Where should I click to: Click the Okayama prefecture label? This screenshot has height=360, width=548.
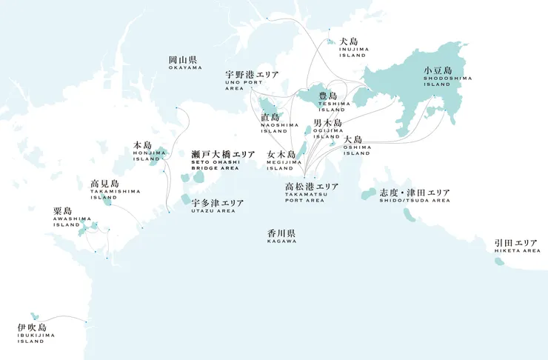coord(184,62)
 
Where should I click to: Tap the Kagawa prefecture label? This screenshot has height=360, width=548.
coord(281,236)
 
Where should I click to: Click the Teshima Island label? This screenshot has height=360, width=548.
coord(328,101)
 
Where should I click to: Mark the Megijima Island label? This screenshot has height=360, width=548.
coord(281,159)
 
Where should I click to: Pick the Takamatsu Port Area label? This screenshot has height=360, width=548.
coord(312,191)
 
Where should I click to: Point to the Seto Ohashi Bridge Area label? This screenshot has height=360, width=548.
coord(223,159)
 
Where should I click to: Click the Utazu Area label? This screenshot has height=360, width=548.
coord(218,206)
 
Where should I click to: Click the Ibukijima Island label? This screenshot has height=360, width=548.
coord(32,332)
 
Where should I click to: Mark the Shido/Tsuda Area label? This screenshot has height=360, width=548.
coord(414,196)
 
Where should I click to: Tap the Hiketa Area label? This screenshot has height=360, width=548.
coord(516,246)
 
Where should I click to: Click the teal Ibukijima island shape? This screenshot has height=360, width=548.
coord(33,316)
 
